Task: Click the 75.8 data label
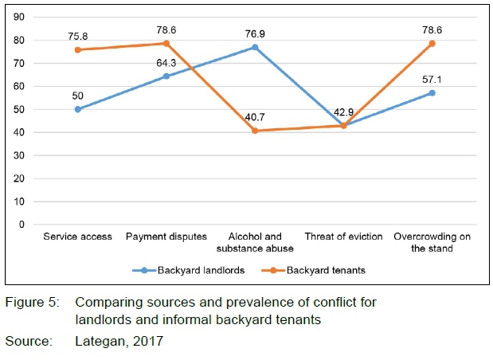click(x=78, y=35)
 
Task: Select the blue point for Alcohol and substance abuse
click(x=255, y=47)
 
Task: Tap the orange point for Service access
click(x=78, y=49)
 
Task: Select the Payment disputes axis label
click(x=166, y=237)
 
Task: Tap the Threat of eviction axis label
click(x=343, y=237)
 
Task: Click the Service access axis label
click(x=78, y=237)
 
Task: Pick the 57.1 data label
click(x=432, y=80)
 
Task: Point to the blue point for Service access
click(x=78, y=109)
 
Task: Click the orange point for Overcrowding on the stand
click(x=432, y=43)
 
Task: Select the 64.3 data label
click(x=166, y=62)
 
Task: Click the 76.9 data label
click(x=255, y=33)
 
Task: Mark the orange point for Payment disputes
click(x=166, y=43)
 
